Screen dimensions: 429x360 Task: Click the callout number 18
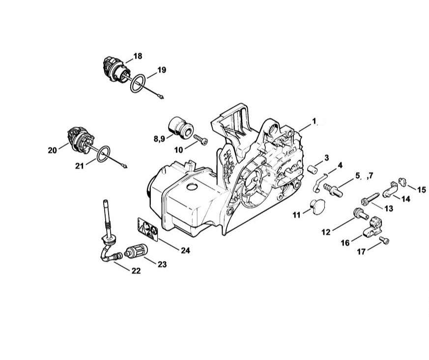click(x=138, y=56)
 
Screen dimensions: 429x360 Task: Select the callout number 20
click(x=53, y=150)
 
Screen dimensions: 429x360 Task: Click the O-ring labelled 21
click(x=98, y=158)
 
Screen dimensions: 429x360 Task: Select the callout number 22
click(x=136, y=271)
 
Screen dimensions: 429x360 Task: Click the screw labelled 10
click(x=200, y=139)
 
